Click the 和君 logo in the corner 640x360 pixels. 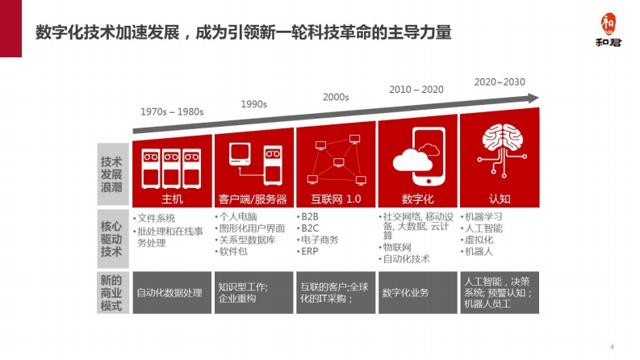click(x=609, y=30)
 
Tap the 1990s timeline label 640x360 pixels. click(x=254, y=104)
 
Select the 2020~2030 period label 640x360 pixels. click(x=500, y=82)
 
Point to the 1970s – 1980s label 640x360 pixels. click(x=172, y=112)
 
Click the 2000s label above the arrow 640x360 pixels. click(x=336, y=97)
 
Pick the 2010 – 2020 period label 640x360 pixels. click(x=416, y=90)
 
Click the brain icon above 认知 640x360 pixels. click(x=502, y=150)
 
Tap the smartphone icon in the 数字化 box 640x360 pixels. click(x=429, y=157)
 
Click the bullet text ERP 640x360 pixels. click(x=309, y=251)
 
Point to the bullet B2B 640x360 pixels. click(x=309, y=217)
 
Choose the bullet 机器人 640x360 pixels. click(x=479, y=251)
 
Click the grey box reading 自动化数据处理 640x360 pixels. click(x=172, y=293)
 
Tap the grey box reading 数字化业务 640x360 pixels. click(x=418, y=293)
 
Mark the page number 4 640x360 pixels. click(x=612, y=347)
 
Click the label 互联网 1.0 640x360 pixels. click(x=336, y=199)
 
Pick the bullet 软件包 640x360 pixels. click(x=233, y=251)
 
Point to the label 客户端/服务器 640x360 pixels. click(x=253, y=199)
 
